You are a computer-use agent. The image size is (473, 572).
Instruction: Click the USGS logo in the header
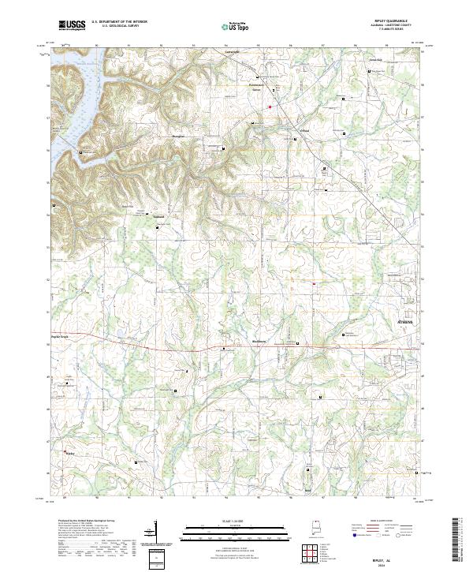coord(72,25)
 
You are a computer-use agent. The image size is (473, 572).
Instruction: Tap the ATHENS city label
coord(404,323)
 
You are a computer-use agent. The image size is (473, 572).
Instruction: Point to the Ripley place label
coord(69,454)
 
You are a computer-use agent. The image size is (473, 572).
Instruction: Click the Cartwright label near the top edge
coord(228,52)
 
